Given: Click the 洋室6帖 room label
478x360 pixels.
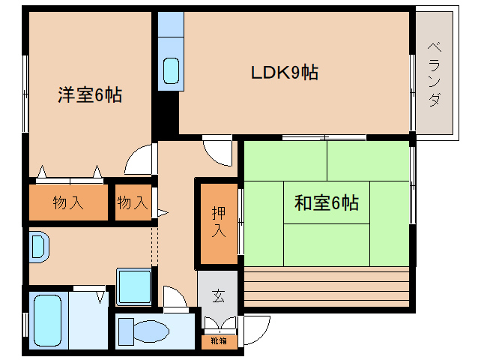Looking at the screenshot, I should click(x=90, y=95).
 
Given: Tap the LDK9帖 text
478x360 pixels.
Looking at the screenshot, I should click(x=284, y=73).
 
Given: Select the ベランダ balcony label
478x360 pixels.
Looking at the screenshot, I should click(x=435, y=75).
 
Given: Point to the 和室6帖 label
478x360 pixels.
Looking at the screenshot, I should click(x=326, y=202).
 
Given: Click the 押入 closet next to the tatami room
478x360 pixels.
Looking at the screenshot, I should click(x=217, y=222).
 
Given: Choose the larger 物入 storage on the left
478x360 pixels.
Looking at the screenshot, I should click(x=68, y=202).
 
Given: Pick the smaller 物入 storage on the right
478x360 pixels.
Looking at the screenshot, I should click(x=133, y=202).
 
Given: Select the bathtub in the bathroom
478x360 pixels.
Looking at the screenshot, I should click(x=47, y=321).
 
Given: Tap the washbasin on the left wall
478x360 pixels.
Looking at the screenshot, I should click(x=37, y=247).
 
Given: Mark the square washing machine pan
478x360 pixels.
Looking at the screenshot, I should click(x=135, y=286).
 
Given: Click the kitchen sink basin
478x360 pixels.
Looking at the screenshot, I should click(x=172, y=70).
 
